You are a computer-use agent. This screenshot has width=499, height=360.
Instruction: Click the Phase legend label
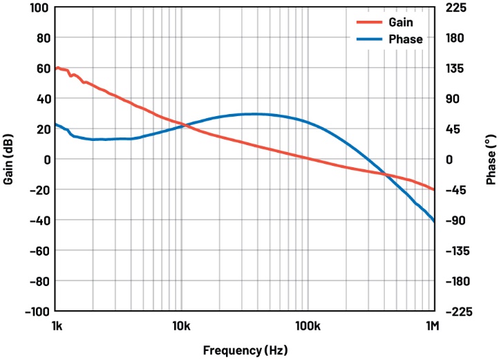click(406, 39)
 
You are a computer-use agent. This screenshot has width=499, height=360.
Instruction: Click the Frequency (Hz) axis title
click(245, 350)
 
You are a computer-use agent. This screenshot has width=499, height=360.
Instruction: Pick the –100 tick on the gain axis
click(36, 312)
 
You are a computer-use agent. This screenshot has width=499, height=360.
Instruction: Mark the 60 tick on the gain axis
click(42, 68)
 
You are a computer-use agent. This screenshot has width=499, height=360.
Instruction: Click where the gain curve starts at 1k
click(55, 68)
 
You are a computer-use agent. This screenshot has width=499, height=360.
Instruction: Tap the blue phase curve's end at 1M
click(434, 221)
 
